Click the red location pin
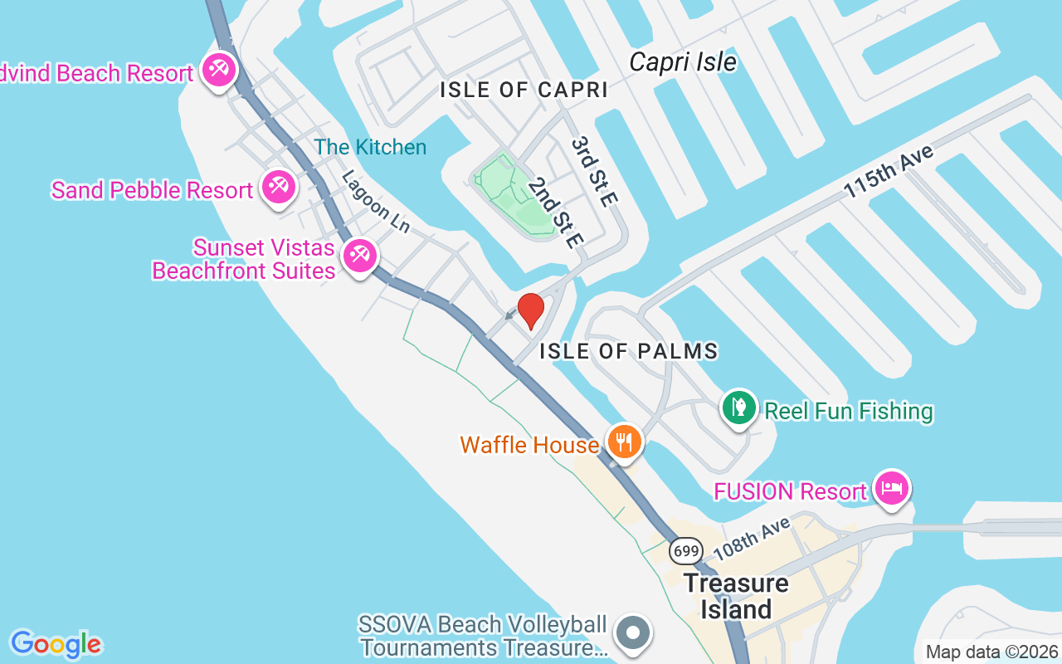click(x=531, y=310)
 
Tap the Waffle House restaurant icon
click(x=624, y=441)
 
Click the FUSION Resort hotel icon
click(x=892, y=487)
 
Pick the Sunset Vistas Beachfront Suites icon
click(x=359, y=255)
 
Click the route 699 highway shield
click(x=686, y=550)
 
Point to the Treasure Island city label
click(x=735, y=596)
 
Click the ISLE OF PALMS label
click(x=628, y=351)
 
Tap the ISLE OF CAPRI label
click(x=524, y=90)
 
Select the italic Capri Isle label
click(x=683, y=62)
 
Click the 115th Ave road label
click(x=889, y=171)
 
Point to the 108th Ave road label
click(x=753, y=538)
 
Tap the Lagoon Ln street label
click(x=376, y=203)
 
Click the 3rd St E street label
click(x=595, y=172)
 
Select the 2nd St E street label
click(x=556, y=212)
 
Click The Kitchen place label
click(x=370, y=147)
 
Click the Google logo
click(x=56, y=644)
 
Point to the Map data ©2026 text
click(x=991, y=652)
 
